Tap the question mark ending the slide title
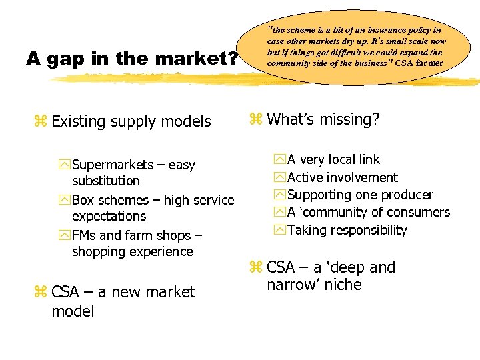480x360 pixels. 233,59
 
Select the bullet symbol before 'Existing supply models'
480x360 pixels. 39,121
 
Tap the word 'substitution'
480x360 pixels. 106,181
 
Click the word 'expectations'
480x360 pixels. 109,216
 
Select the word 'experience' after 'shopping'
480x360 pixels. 162,251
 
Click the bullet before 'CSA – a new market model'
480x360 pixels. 39,292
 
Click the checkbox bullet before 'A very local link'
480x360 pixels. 279,159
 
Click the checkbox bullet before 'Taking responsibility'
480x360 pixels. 279,230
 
